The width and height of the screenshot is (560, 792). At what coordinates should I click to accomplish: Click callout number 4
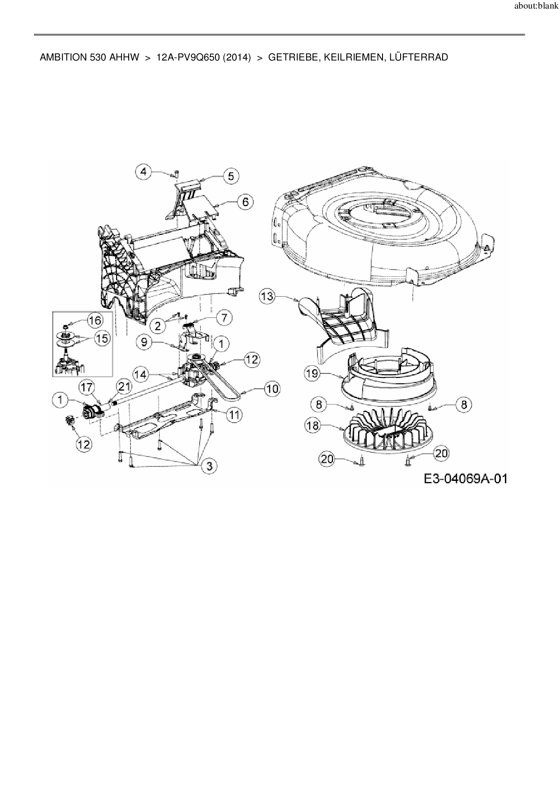coord(144,172)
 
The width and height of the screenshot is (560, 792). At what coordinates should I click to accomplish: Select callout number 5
coord(231,176)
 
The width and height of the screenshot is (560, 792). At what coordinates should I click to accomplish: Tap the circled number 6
coord(245,201)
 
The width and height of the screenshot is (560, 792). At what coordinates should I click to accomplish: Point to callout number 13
coord(267,297)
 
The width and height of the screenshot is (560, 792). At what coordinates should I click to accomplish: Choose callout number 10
coord(272,389)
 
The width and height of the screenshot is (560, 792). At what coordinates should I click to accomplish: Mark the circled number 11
coord(233,415)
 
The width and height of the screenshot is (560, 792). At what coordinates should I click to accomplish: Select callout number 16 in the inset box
coord(95,321)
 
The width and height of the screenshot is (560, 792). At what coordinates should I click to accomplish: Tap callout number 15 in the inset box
coord(103,338)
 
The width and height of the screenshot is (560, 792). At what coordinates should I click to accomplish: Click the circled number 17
coord(87,387)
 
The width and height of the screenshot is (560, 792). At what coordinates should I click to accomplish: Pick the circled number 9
coord(144,342)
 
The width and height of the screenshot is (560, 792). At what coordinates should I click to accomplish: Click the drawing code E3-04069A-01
coord(465,478)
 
